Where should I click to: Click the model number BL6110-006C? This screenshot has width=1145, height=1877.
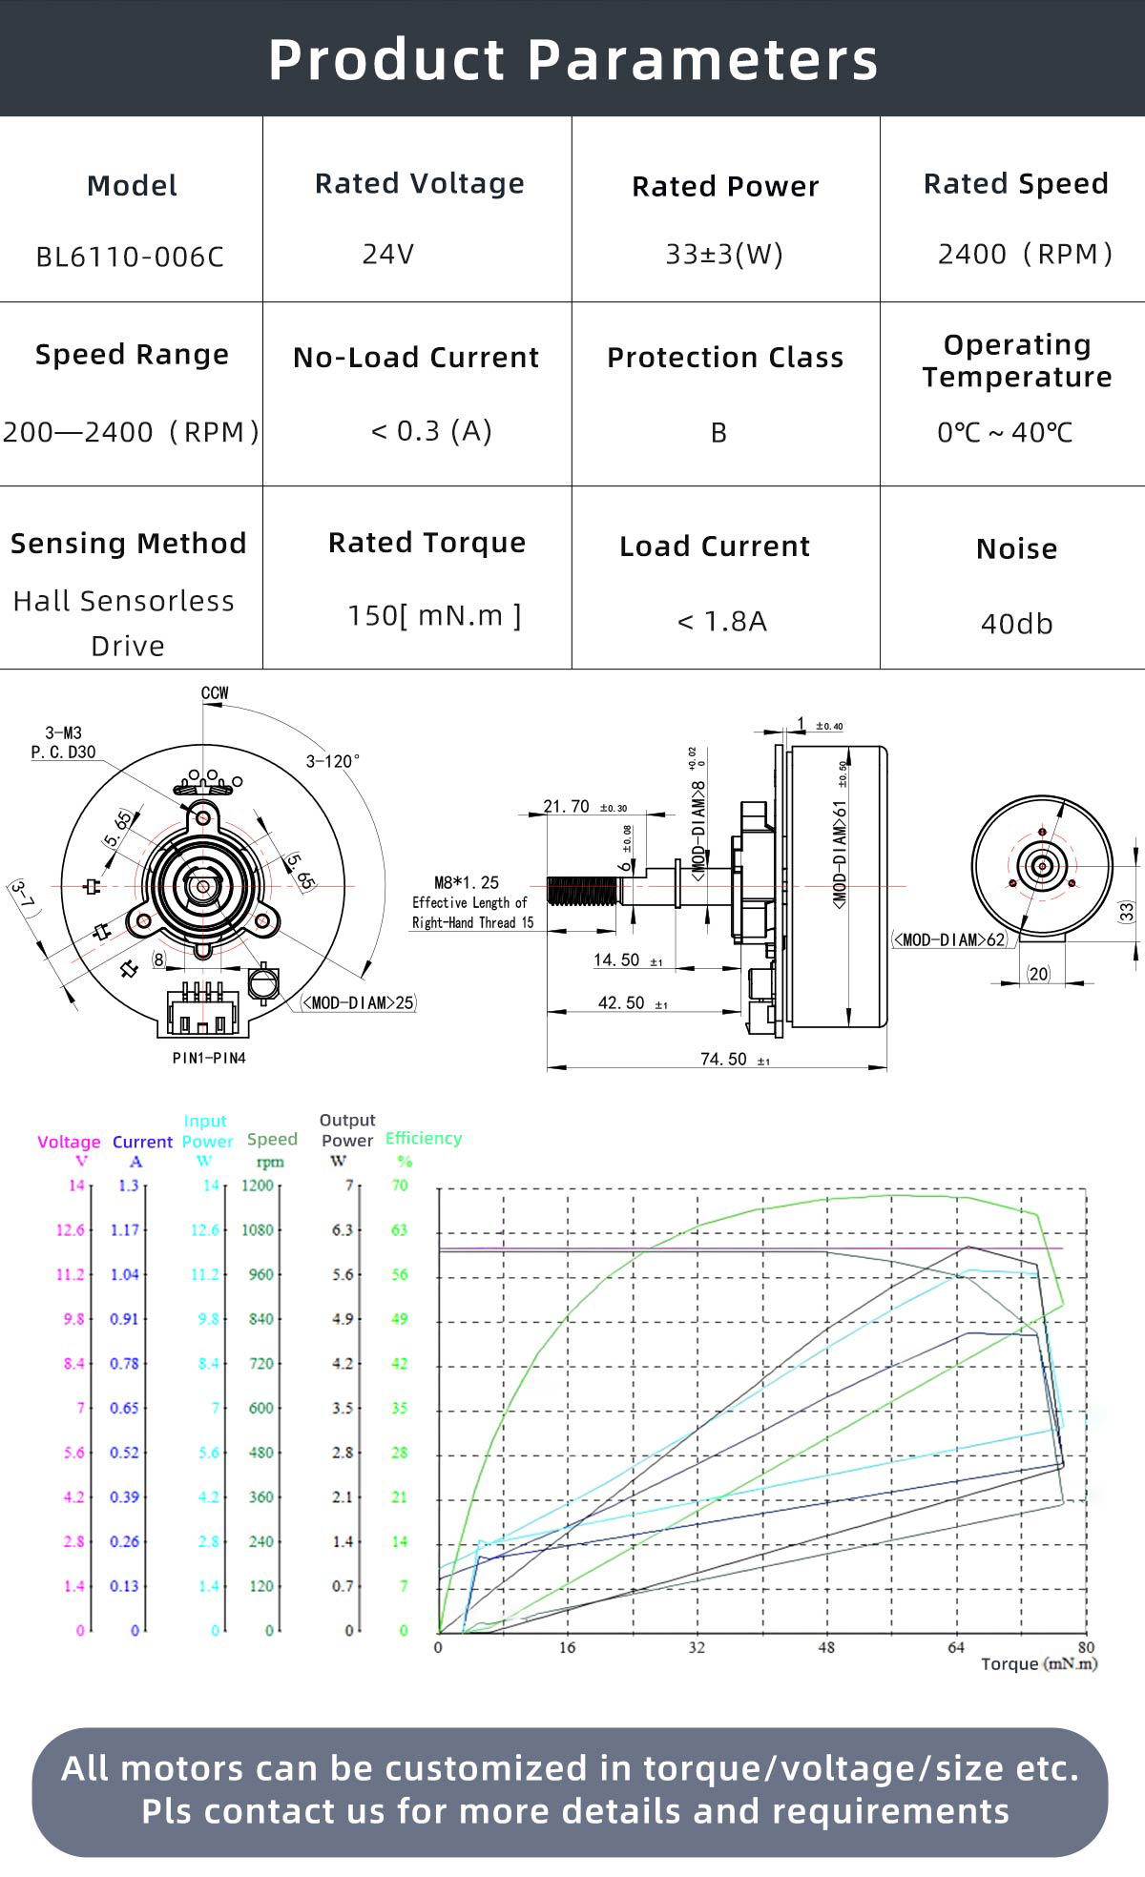point(130,257)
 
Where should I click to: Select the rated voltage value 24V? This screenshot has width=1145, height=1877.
point(387,254)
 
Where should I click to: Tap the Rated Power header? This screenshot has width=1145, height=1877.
point(725,186)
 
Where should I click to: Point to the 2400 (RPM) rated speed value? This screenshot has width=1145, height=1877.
point(1025,254)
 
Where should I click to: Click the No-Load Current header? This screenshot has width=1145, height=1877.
point(416,358)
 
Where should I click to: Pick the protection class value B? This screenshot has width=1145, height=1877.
point(718,433)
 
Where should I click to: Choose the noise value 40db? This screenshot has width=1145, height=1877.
point(1016,624)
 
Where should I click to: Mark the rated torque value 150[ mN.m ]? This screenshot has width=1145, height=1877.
point(434,615)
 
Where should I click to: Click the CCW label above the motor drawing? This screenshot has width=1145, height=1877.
point(215,693)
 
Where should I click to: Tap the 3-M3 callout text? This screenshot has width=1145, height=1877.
point(64,733)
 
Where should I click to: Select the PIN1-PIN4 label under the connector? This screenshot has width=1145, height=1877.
point(209,1058)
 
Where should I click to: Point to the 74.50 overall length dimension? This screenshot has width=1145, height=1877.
point(723,1059)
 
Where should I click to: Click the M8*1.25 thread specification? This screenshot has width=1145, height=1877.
point(467,882)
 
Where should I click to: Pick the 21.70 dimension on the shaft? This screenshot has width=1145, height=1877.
point(567,806)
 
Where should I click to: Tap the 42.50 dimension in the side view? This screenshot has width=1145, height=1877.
point(621,1002)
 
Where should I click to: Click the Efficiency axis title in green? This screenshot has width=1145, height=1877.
point(423,1138)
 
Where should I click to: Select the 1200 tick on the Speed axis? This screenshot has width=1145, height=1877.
point(257,1186)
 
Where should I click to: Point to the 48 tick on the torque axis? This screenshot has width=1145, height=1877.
point(826,1647)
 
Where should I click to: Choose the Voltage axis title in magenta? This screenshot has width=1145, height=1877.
point(69,1142)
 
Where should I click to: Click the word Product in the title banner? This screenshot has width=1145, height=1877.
point(385,59)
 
